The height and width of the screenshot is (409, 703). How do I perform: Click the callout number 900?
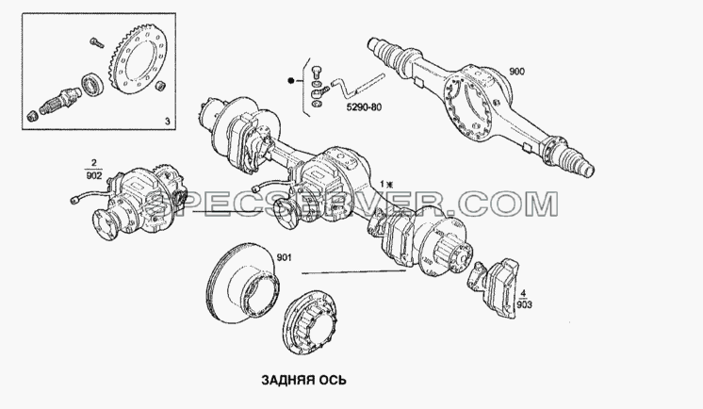517,72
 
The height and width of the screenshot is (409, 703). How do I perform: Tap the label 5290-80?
364,107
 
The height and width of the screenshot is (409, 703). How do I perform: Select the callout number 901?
284,257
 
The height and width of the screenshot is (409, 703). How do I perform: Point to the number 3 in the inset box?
167,121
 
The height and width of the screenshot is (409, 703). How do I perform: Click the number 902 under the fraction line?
93,176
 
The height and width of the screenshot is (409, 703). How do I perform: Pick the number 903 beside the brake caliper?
524,305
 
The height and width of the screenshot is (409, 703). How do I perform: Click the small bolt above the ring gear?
96,43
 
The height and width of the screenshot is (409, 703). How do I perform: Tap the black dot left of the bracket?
291,81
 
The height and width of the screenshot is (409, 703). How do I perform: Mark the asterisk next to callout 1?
389,184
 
